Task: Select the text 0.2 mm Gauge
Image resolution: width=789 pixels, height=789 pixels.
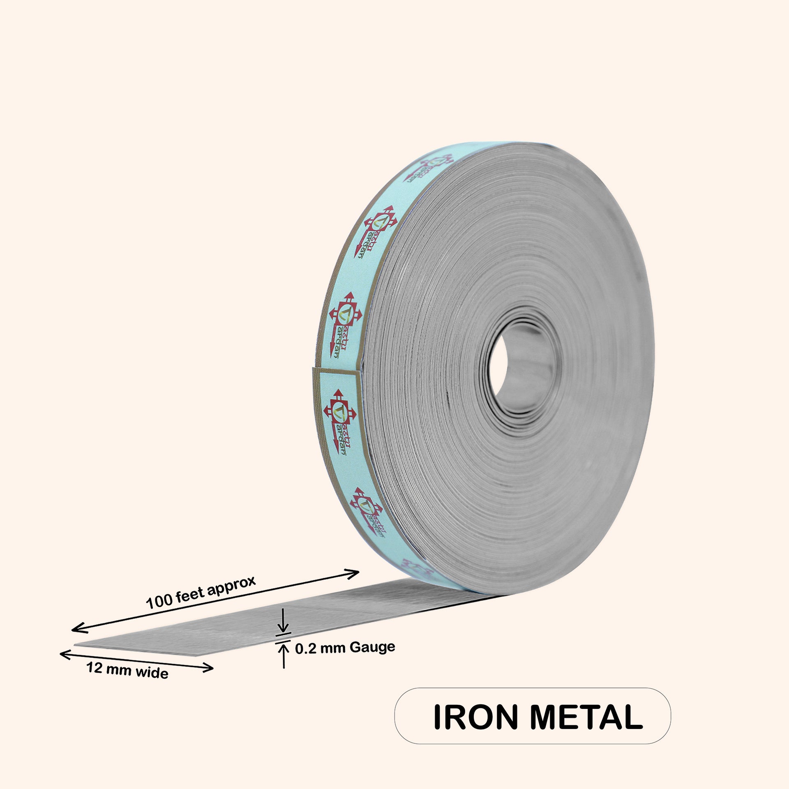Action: tap(345, 660)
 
